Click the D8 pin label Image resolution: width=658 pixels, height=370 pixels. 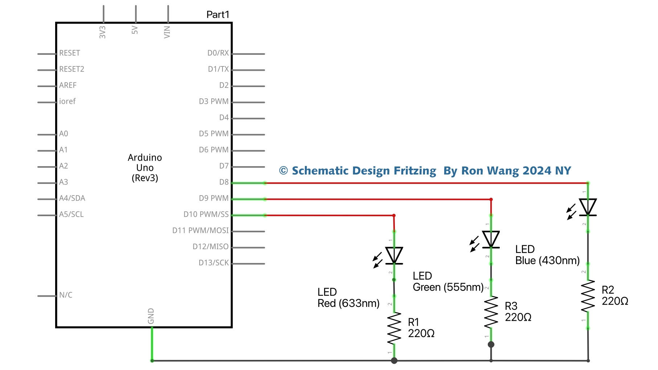224,182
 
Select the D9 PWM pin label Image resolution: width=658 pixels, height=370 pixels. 214,198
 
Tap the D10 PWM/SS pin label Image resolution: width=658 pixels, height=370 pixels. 206,214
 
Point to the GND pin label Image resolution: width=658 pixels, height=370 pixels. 151,316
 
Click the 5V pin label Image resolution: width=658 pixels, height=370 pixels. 135,30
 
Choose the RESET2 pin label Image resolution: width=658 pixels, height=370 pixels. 72,69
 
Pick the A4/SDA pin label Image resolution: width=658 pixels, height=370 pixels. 72,198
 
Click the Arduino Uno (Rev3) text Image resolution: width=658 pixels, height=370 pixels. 145,168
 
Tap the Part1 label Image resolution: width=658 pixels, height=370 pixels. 218,15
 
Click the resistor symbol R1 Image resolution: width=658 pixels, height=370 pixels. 394,328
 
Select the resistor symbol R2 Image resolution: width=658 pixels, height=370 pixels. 588,296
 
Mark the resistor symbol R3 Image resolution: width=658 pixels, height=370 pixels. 491,312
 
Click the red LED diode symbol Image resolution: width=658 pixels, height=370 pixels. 394,255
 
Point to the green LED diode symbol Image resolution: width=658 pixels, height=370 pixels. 491,239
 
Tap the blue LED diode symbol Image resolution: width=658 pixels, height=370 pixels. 588,207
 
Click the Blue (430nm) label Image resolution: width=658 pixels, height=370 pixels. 547,260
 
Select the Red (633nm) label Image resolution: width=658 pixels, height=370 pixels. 348,303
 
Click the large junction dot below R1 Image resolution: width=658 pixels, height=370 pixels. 394,361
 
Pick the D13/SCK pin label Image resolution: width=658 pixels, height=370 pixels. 214,263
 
